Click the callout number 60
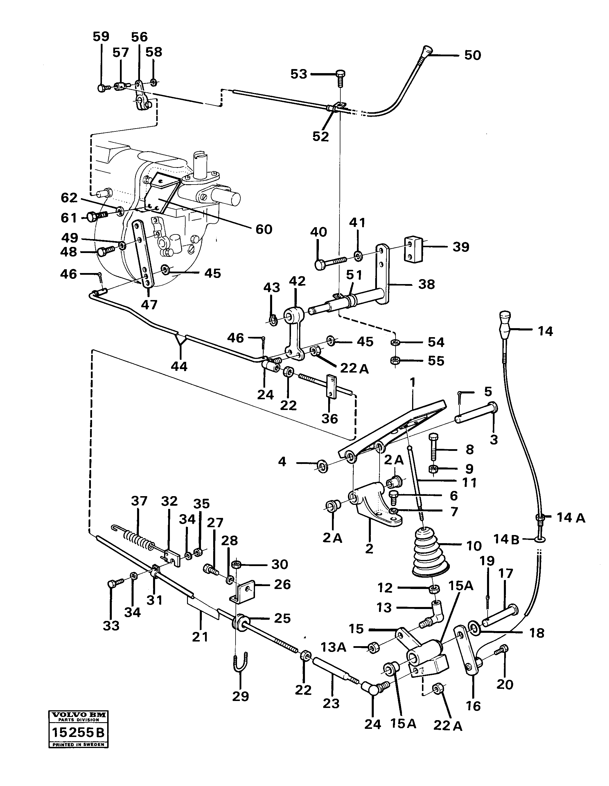point(264,229)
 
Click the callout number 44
point(179,366)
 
